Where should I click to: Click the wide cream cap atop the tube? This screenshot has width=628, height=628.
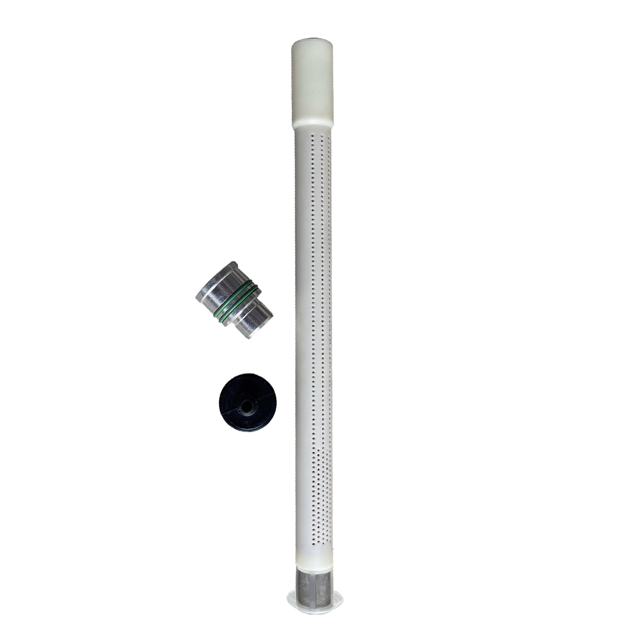[312, 81]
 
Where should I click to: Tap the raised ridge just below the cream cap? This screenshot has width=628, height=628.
[313, 124]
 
